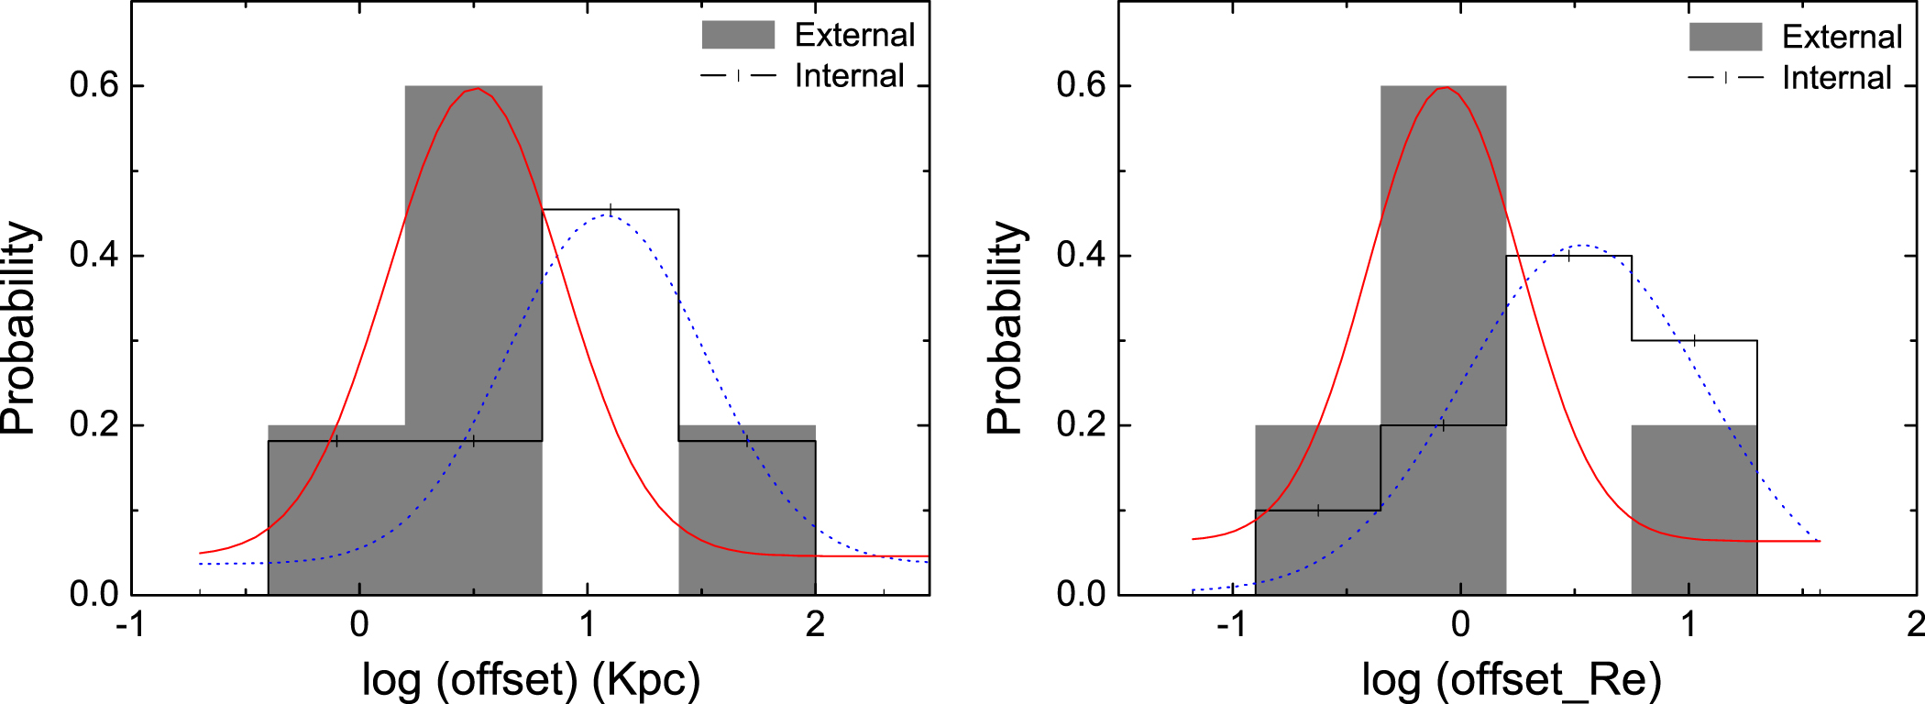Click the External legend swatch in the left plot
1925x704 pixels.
coord(738,35)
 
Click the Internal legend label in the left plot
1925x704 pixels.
coord(849,75)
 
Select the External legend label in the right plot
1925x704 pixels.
coord(1842,37)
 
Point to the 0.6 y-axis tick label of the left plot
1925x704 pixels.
coord(94,85)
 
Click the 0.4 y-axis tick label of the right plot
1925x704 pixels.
coord(1082,255)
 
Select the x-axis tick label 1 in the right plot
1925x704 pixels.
coord(1688,625)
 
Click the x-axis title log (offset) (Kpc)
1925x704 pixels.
coord(531,679)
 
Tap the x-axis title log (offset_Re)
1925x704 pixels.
coord(1512,679)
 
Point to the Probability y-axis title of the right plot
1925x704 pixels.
coord(1006,327)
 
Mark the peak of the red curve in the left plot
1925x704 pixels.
coord(476,89)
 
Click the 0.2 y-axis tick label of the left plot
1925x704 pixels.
coord(94,425)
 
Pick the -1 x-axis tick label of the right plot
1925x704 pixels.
coord(1231,625)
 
